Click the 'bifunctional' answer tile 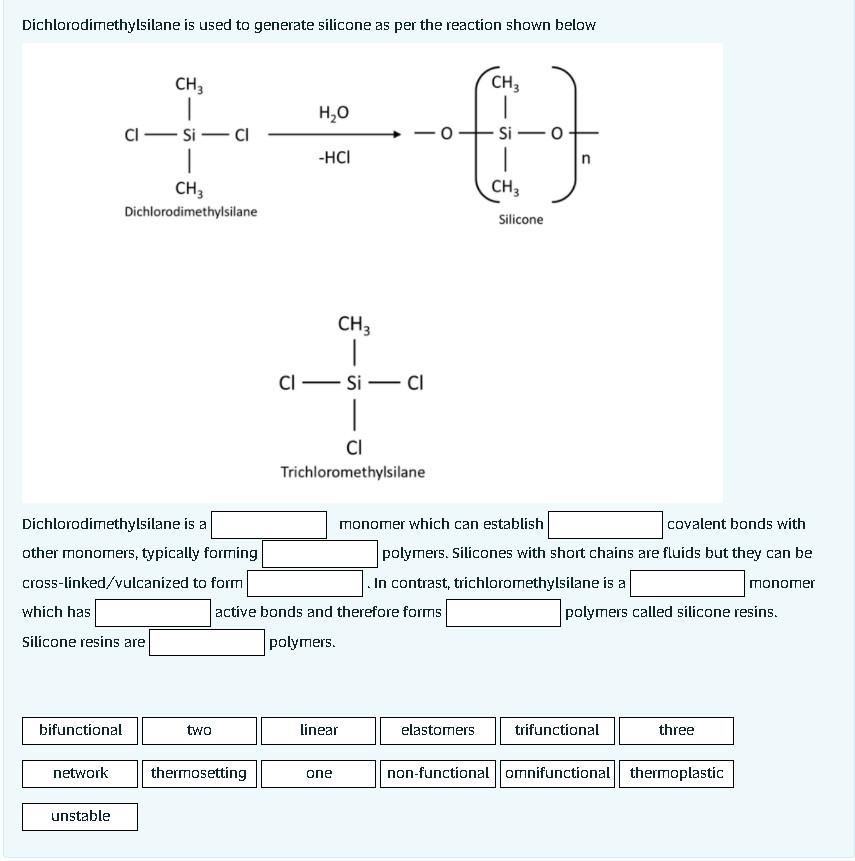tap(80, 730)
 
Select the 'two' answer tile tap(199, 730)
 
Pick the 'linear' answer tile tap(318, 730)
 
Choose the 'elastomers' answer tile tap(437, 730)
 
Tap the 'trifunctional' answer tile tap(556, 730)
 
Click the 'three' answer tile tap(675, 730)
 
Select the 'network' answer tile tap(80, 773)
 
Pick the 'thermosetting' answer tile tap(199, 773)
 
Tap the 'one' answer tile tap(318, 773)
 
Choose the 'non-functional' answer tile tap(437, 773)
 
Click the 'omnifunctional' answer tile tap(557, 773)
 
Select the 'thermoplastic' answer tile tap(676, 773)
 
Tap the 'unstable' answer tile tap(80, 816)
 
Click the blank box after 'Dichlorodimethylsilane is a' tap(269, 524)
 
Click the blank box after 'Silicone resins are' tap(207, 642)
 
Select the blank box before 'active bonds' tap(152, 612)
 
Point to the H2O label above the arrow tap(333, 111)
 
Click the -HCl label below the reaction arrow tap(333, 158)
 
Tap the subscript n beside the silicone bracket tap(587, 159)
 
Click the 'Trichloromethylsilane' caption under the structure tap(352, 471)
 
